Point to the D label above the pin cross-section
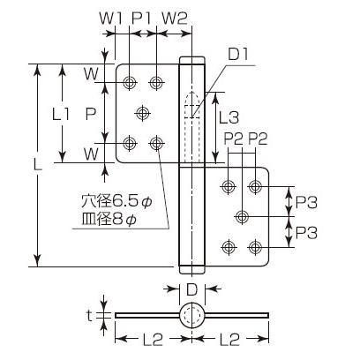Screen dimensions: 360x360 click(x=191, y=288)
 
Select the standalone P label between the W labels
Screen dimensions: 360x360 click(x=89, y=114)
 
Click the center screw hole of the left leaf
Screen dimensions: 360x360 click(x=144, y=112)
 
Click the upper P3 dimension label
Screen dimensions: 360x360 click(x=307, y=202)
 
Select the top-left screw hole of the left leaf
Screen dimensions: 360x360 click(x=131, y=83)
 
